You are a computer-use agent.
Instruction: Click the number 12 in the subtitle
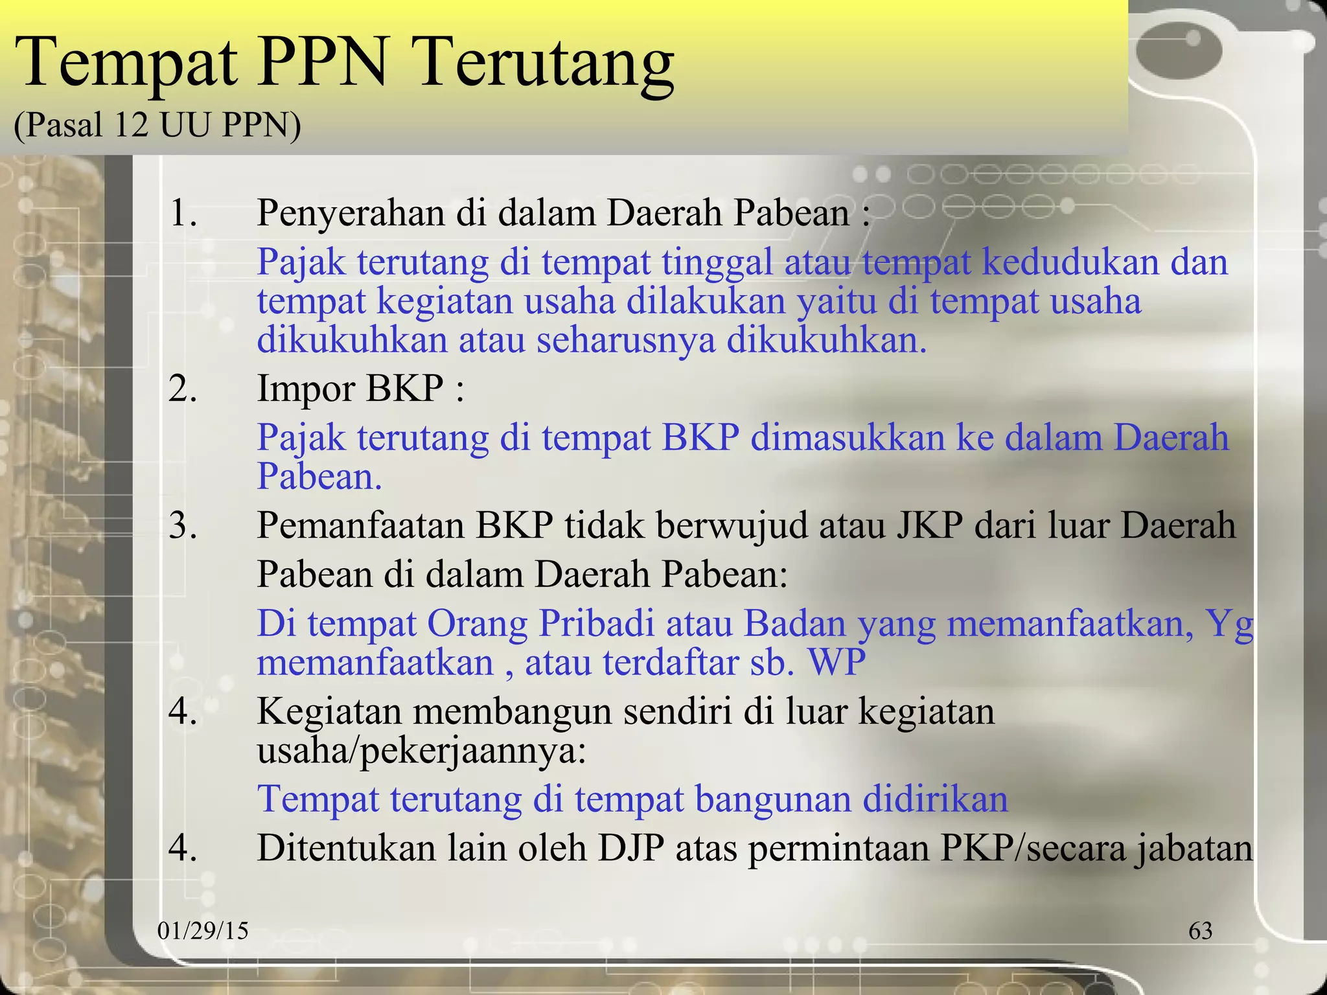tap(132, 124)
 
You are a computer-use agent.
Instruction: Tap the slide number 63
tap(1200, 931)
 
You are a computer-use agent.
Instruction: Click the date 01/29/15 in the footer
tap(203, 931)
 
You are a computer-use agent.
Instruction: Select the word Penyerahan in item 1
tap(351, 214)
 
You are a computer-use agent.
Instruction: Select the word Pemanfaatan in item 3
tap(360, 525)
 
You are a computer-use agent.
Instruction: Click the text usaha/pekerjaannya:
tap(421, 751)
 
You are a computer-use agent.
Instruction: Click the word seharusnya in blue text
tap(625, 340)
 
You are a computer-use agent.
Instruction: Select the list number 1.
tap(181, 214)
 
